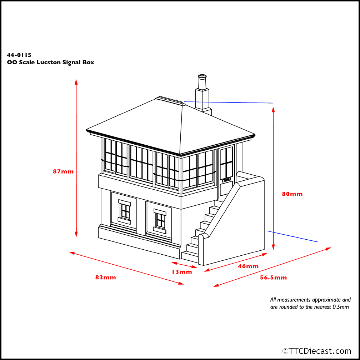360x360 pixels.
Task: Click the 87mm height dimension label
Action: (x=63, y=171)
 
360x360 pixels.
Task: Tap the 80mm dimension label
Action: (x=292, y=194)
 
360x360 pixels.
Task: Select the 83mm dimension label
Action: (x=105, y=277)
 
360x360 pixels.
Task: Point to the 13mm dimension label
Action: (x=182, y=272)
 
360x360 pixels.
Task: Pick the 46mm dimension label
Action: (x=248, y=266)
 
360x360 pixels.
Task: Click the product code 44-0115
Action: (x=19, y=55)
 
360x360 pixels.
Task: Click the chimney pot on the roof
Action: (x=202, y=77)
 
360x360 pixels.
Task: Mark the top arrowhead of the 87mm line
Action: (x=76, y=81)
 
